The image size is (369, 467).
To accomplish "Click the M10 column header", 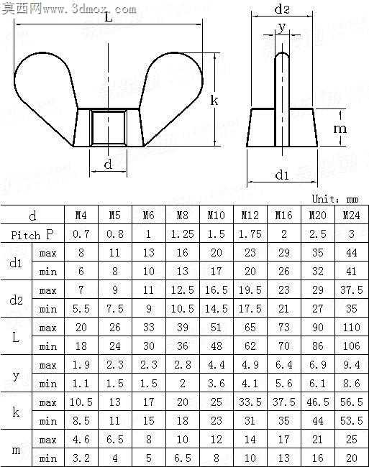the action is (216, 215).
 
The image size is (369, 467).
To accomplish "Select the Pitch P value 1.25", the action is (182, 234).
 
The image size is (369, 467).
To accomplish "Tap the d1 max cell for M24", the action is (352, 253).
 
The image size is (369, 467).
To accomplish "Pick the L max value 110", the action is (352, 328).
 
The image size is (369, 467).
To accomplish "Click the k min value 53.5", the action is (352, 421).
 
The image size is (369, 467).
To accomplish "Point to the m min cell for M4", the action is (81, 458).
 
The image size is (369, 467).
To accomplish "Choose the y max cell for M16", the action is (283, 365).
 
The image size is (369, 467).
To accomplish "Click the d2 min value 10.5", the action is (182, 309).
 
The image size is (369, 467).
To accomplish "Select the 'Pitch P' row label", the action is (32, 235).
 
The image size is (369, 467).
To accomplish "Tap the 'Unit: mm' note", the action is (335, 198).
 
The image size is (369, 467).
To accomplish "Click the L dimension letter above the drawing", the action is (109, 17).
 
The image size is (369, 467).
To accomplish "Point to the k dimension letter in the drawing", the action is (214, 100).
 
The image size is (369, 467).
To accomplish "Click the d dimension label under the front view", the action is (108, 164).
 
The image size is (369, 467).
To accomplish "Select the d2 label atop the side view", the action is (282, 9).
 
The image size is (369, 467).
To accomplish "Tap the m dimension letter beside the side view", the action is (340, 129).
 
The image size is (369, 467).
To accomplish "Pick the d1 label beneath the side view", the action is (282, 175).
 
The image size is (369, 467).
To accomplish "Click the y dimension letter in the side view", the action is (282, 28).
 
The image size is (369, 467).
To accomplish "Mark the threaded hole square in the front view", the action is (109, 128).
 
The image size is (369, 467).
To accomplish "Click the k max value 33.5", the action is (250, 402).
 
